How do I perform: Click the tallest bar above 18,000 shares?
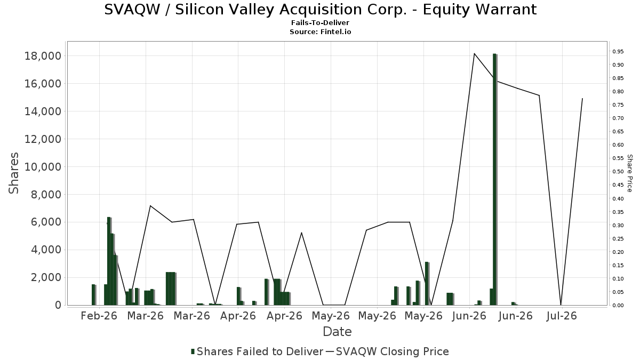[495, 179]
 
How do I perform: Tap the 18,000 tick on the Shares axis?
[43, 56]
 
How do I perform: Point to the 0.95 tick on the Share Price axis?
[618, 52]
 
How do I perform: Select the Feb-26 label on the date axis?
[99, 316]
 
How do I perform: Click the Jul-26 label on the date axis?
[562, 316]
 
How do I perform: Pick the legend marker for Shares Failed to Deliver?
[193, 351]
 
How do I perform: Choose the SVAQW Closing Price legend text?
[393, 351]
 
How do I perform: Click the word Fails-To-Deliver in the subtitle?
[320, 22]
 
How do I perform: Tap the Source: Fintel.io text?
[321, 31]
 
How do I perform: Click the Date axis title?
[337, 332]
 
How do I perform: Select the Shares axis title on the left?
[13, 173]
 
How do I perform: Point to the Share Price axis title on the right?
[629, 173]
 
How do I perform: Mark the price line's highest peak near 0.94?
[474, 53]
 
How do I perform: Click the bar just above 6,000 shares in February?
[109, 261]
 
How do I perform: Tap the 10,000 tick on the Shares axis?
[43, 167]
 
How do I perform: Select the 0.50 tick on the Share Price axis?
[618, 172]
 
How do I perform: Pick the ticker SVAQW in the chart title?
[132, 10]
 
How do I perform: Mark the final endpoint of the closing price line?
[582, 99]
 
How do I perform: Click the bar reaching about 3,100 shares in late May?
[427, 283]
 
